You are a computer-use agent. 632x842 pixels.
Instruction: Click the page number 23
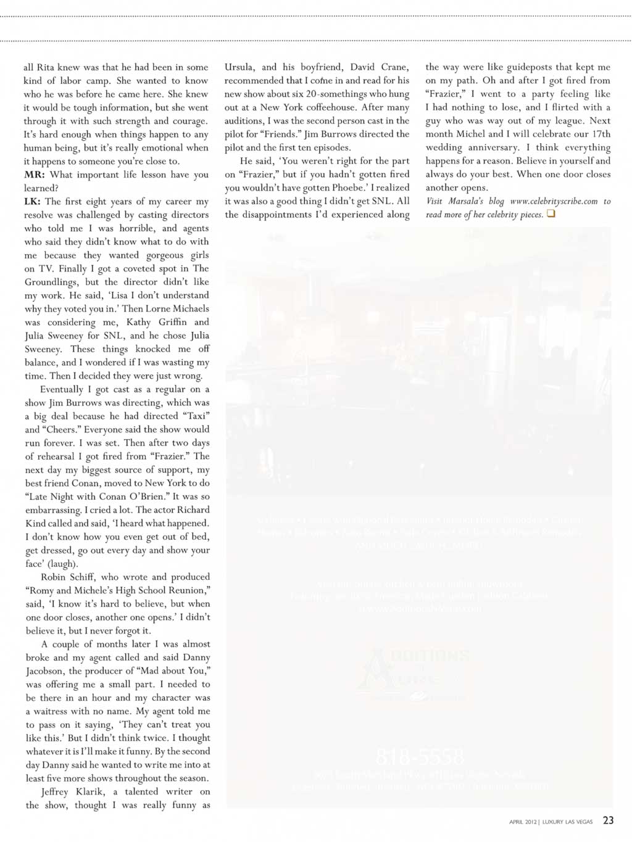[x=608, y=820]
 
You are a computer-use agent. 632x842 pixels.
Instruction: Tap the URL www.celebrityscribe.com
[x=554, y=201]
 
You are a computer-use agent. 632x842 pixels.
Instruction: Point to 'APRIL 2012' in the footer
[x=523, y=822]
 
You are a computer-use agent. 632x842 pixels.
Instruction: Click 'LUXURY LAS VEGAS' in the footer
[x=567, y=822]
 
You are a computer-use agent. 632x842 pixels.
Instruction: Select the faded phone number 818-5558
[x=420, y=757]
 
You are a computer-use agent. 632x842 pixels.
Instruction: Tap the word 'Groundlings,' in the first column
[x=52, y=282]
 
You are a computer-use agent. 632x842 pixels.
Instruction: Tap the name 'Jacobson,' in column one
[x=45, y=671]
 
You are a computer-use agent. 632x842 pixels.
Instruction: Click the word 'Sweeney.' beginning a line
[x=43, y=349]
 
